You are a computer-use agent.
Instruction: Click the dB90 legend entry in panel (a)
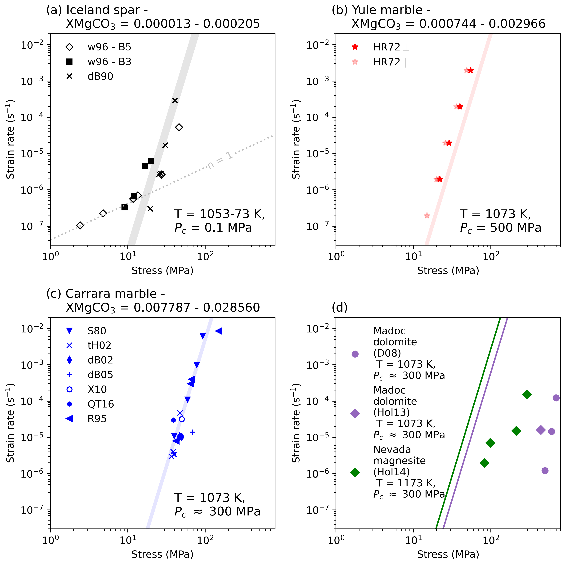click(x=100, y=76)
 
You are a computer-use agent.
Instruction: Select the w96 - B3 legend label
click(x=109, y=62)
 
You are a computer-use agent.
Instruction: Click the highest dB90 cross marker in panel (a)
click(x=175, y=100)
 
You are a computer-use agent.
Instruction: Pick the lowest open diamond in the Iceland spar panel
click(x=80, y=225)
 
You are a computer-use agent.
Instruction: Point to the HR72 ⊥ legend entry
click(x=391, y=47)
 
